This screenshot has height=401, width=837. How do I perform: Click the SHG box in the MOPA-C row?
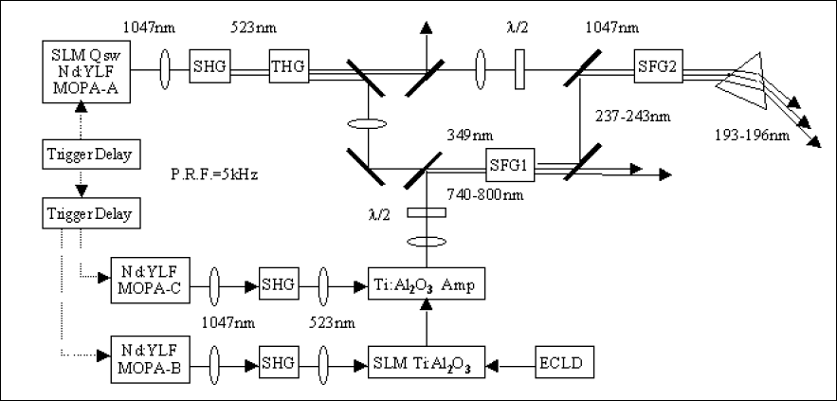(278, 283)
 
